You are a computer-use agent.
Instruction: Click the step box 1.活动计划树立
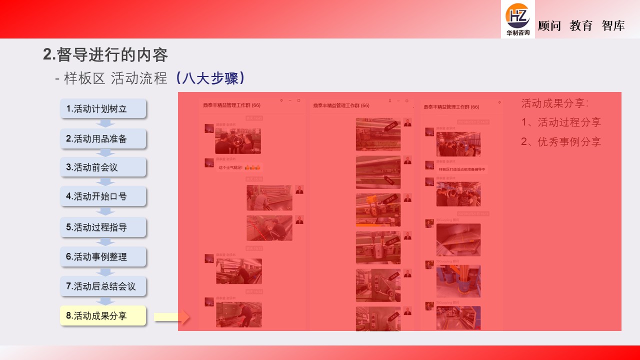(x=103, y=108)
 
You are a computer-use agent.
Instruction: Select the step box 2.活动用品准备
(x=103, y=138)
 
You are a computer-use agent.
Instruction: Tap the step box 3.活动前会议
(x=103, y=167)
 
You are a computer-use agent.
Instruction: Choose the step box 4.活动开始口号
(x=103, y=196)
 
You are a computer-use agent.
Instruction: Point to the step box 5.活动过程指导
(x=103, y=227)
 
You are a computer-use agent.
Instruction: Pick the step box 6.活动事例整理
(x=103, y=256)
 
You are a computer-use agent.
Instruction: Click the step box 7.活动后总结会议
(x=103, y=286)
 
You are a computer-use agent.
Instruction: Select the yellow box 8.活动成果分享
(x=103, y=316)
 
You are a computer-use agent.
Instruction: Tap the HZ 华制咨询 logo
(x=517, y=19)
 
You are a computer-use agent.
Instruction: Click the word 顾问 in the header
(x=549, y=26)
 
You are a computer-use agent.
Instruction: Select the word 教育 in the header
(x=581, y=26)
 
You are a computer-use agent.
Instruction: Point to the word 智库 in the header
(x=613, y=26)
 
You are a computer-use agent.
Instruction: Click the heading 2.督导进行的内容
(x=105, y=54)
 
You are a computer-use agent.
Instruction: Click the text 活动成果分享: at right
(x=555, y=103)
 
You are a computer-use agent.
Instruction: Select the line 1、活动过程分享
(x=561, y=122)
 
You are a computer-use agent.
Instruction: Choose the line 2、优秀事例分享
(x=561, y=141)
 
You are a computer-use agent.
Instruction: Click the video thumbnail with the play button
(x=238, y=141)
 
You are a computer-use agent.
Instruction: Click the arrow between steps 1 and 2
(x=105, y=123)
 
